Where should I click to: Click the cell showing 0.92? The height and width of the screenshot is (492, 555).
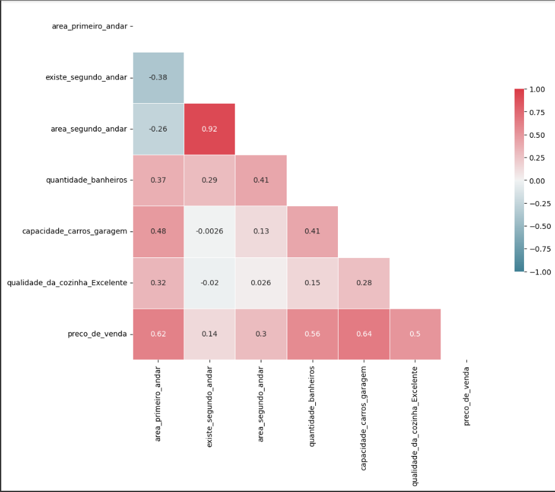pyautogui.click(x=209, y=129)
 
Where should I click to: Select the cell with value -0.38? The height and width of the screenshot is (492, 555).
pyautogui.click(x=158, y=78)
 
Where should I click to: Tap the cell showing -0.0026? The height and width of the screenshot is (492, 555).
pyautogui.click(x=209, y=231)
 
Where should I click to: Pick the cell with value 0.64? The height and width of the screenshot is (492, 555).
pyautogui.click(x=363, y=334)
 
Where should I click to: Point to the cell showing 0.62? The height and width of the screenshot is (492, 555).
pyautogui.click(x=158, y=334)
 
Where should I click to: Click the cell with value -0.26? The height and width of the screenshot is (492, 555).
pyautogui.click(x=158, y=129)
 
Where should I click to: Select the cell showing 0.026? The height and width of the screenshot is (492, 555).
pyautogui.click(x=261, y=283)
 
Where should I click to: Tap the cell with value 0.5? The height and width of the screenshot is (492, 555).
pyautogui.click(x=415, y=334)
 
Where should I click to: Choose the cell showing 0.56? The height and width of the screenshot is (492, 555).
pyautogui.click(x=312, y=334)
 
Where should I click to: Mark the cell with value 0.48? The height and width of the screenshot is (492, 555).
pyautogui.click(x=158, y=231)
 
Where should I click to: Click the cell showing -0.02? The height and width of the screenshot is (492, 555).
pyautogui.click(x=209, y=283)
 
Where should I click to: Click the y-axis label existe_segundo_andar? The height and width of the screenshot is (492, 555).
pyautogui.click(x=86, y=78)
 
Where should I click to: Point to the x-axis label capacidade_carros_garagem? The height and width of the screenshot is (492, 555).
pyautogui.click(x=363, y=417)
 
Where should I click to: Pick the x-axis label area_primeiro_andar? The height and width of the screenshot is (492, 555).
pyautogui.click(x=158, y=403)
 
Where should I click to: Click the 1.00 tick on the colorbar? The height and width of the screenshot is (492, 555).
pyautogui.click(x=537, y=89)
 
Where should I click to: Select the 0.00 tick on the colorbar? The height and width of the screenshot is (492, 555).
pyautogui.click(x=537, y=180)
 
